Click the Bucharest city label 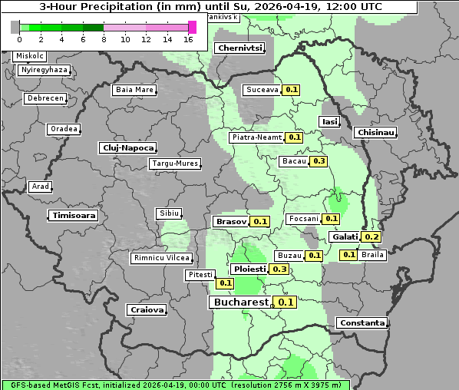point(239,302)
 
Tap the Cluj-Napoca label point(127,147)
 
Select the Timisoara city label point(74,216)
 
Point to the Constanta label point(362,323)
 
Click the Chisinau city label point(376,133)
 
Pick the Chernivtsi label point(239,48)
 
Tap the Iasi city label point(329,121)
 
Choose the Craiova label point(147,309)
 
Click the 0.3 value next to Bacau point(319,161)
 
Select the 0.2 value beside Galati point(371,237)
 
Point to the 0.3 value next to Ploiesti point(279,269)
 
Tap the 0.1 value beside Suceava point(291,90)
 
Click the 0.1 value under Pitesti point(225,283)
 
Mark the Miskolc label point(30,56)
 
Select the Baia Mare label point(134,90)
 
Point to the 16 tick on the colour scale point(188,39)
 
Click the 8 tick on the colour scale point(104,39)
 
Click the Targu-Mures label point(175,164)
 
